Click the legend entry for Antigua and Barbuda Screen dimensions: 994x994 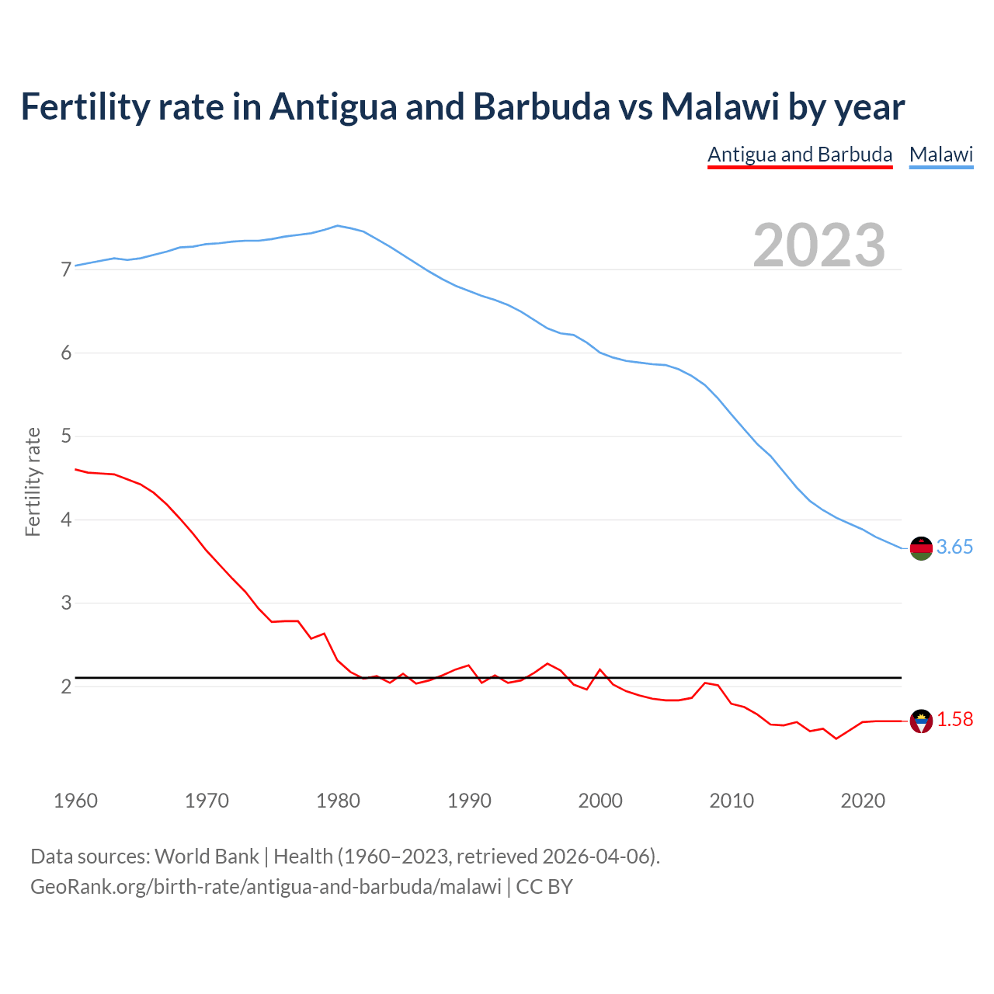point(800,155)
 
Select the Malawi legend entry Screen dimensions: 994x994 point(941,155)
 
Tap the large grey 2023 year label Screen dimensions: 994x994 point(819,245)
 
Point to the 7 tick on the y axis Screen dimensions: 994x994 point(66,269)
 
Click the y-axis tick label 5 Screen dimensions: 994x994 point(66,436)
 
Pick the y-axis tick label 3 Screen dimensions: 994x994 point(66,603)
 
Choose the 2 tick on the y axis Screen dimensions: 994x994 point(66,686)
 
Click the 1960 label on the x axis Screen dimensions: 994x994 point(75,801)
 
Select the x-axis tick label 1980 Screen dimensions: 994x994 point(338,801)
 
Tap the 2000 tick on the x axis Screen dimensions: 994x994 point(600,801)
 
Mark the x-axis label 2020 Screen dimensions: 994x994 point(863,801)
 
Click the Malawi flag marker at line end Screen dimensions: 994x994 point(921,547)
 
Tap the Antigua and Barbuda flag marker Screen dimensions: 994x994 point(921,721)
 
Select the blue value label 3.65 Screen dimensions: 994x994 point(954,547)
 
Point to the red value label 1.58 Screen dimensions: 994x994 point(954,720)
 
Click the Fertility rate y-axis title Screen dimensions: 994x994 point(33,481)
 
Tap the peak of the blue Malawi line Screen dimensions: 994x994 point(337,226)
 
